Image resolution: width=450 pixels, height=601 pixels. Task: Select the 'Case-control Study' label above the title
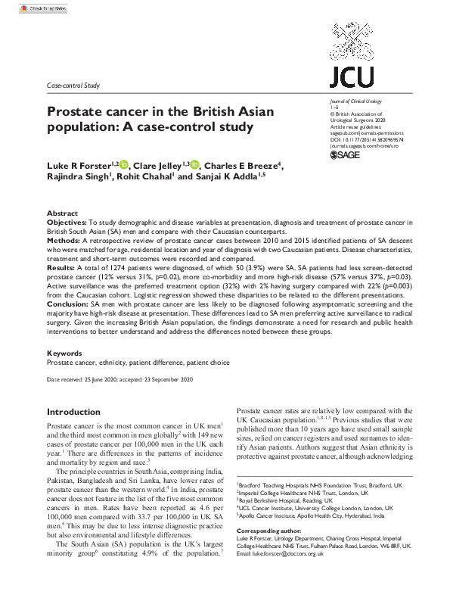73,86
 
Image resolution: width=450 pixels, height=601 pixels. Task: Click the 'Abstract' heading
62,213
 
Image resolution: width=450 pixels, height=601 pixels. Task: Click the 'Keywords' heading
64,353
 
